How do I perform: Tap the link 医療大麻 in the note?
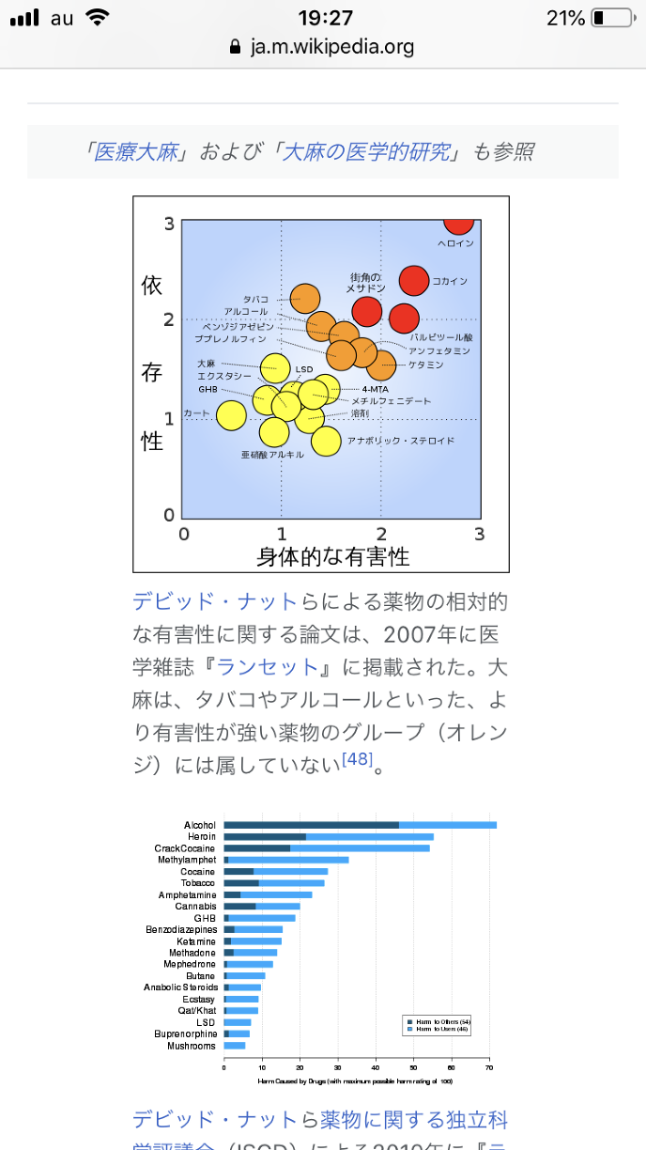tap(136, 151)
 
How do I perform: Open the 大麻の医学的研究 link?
tap(367, 151)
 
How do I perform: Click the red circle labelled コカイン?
tap(414, 280)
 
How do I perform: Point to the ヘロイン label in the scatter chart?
tap(455, 243)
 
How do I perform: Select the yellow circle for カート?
tap(231, 413)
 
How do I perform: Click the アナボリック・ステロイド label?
tap(400, 440)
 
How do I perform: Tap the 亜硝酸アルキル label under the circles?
tap(272, 454)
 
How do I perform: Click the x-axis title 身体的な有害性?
tap(332, 556)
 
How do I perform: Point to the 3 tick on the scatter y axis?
tap(169, 224)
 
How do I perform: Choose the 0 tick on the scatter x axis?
tap(184, 534)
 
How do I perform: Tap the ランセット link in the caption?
tap(268, 666)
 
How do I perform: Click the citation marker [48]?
tap(356, 759)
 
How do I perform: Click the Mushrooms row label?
tap(192, 1046)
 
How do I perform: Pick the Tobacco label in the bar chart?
tap(199, 883)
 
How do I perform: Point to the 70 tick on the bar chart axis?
tap(489, 1067)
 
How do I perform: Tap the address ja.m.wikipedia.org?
tap(331, 47)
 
